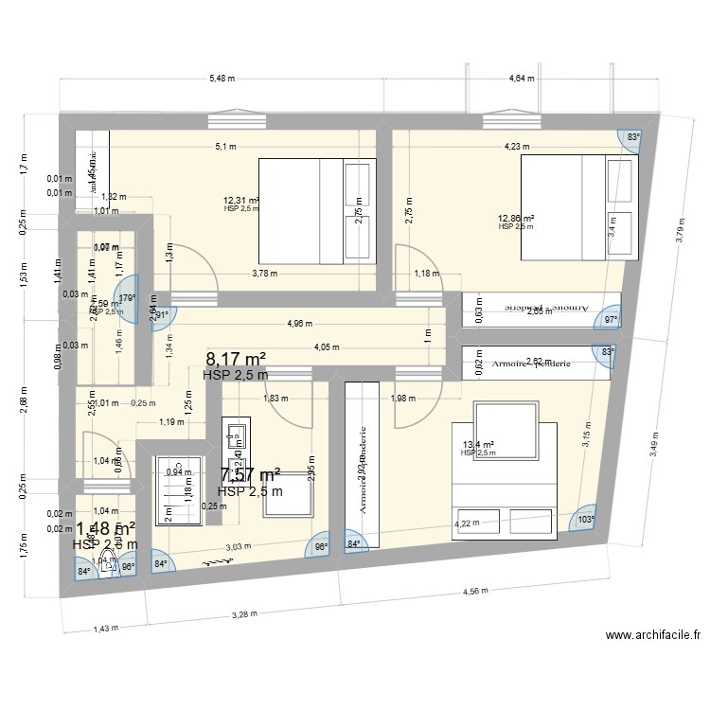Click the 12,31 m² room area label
tap(240, 201)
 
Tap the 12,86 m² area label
tap(517, 219)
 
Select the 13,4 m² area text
tap(478, 445)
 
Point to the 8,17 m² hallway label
tap(236, 359)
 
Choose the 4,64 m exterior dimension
tap(524, 79)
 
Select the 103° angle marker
tap(586, 520)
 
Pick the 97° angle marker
tap(612, 320)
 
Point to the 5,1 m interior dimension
tap(225, 147)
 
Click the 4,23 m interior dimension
tap(517, 147)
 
